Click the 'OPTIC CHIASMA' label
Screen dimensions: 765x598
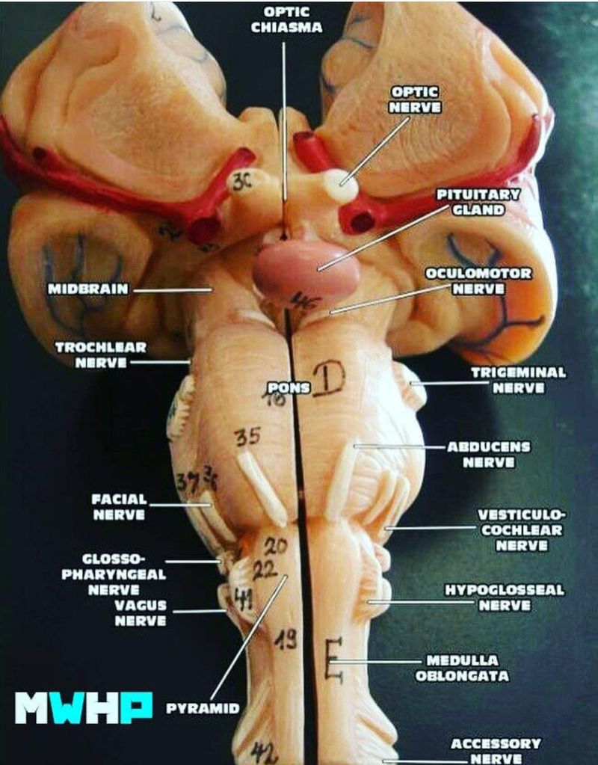pyautogui.click(x=286, y=19)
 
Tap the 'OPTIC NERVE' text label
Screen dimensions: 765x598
pyautogui.click(x=416, y=99)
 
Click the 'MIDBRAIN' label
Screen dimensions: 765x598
pyautogui.click(x=89, y=289)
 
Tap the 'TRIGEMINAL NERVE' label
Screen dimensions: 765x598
pyautogui.click(x=518, y=380)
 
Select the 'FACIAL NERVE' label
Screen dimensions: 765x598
pyautogui.click(x=120, y=506)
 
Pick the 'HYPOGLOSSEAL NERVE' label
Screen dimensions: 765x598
pyautogui.click(x=505, y=597)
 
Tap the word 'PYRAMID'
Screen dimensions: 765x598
pyautogui.click(x=203, y=707)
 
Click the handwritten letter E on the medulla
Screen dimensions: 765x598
pyautogui.click(x=334, y=660)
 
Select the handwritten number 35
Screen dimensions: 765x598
pyautogui.click(x=247, y=437)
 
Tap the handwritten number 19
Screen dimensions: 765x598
pyautogui.click(x=285, y=639)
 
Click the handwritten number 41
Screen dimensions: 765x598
pyautogui.click(x=244, y=597)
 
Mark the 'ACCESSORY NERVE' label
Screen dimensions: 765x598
pyautogui.click(x=496, y=751)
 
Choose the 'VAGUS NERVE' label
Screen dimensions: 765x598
pyautogui.click(x=141, y=612)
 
